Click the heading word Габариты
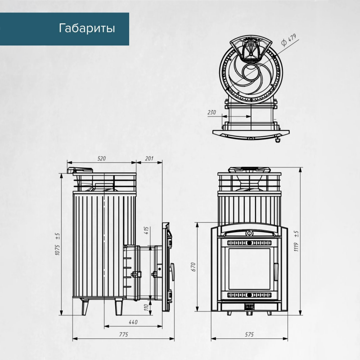87,29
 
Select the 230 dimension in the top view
212,112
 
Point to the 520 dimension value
101,158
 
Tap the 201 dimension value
149,158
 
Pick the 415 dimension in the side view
147,232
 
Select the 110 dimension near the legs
147,307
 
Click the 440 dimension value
132,322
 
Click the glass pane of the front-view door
249,269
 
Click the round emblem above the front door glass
249,233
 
